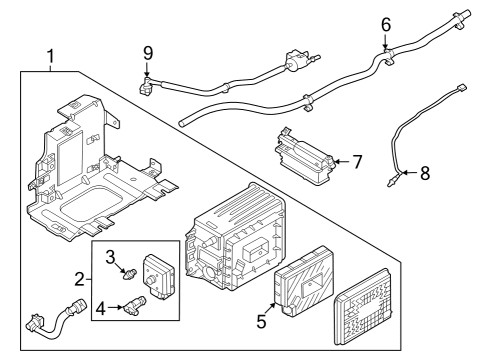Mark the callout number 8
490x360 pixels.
point(424,173)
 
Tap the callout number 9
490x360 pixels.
point(147,52)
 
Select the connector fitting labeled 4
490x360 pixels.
point(135,304)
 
